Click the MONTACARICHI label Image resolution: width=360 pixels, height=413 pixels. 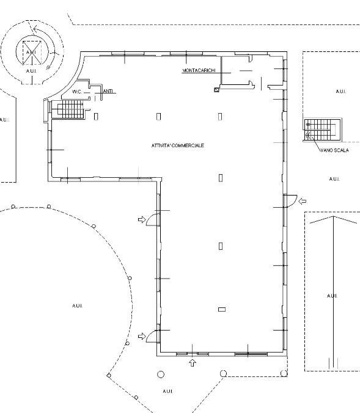(x=199, y=70)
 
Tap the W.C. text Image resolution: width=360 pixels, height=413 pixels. (x=77, y=92)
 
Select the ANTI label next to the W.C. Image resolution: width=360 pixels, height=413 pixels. (x=108, y=91)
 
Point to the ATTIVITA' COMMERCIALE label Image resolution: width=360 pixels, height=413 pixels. (x=178, y=145)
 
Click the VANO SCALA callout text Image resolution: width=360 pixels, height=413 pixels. (x=334, y=150)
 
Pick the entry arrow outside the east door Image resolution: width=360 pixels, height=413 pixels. (x=303, y=201)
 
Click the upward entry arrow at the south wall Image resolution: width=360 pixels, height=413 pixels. (x=193, y=363)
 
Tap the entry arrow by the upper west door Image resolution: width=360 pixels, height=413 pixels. (x=142, y=219)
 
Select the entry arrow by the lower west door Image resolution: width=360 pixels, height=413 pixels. (x=142, y=336)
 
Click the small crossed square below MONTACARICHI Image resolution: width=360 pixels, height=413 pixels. (x=216, y=90)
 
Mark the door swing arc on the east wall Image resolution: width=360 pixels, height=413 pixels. (x=292, y=201)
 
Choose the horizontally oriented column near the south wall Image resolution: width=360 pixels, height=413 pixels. (x=222, y=310)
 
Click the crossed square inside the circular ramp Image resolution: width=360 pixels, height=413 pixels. (x=32, y=53)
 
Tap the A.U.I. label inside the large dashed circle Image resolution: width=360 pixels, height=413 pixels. (x=77, y=306)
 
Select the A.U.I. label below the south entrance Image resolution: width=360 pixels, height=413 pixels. (x=168, y=392)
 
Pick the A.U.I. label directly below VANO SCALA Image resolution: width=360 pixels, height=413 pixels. (x=334, y=179)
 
